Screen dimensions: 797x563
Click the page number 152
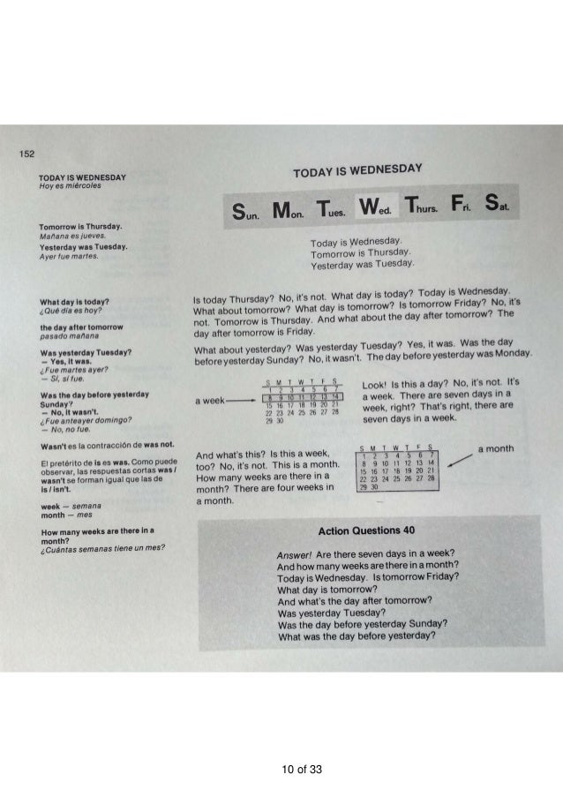tap(29, 154)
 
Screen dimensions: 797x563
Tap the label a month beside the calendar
tap(494, 448)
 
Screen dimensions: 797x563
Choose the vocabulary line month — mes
tap(64, 514)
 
